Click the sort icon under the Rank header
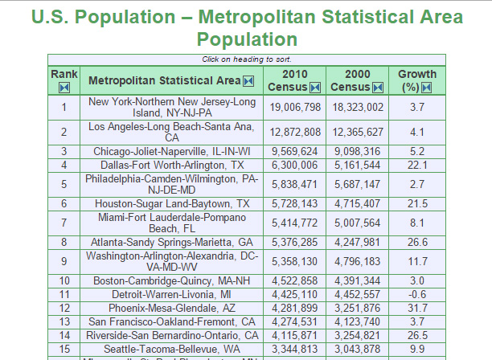tap(64, 87)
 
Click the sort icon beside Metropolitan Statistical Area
tap(248, 80)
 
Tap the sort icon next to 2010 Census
tap(315, 87)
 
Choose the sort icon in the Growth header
tap(427, 87)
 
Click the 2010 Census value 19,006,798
tap(295, 107)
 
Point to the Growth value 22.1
tap(416, 165)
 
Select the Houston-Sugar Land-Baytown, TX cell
tap(172, 204)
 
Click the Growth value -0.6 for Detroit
tap(416, 294)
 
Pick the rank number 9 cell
tap(64, 262)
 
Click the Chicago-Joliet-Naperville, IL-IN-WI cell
tap(172, 151)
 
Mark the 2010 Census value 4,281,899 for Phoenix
tap(295, 308)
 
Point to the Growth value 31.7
tap(416, 308)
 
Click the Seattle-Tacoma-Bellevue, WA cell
tap(172, 348)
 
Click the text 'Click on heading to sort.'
tap(246, 59)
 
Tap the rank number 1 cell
tap(64, 107)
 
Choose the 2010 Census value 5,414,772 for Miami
tap(295, 223)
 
